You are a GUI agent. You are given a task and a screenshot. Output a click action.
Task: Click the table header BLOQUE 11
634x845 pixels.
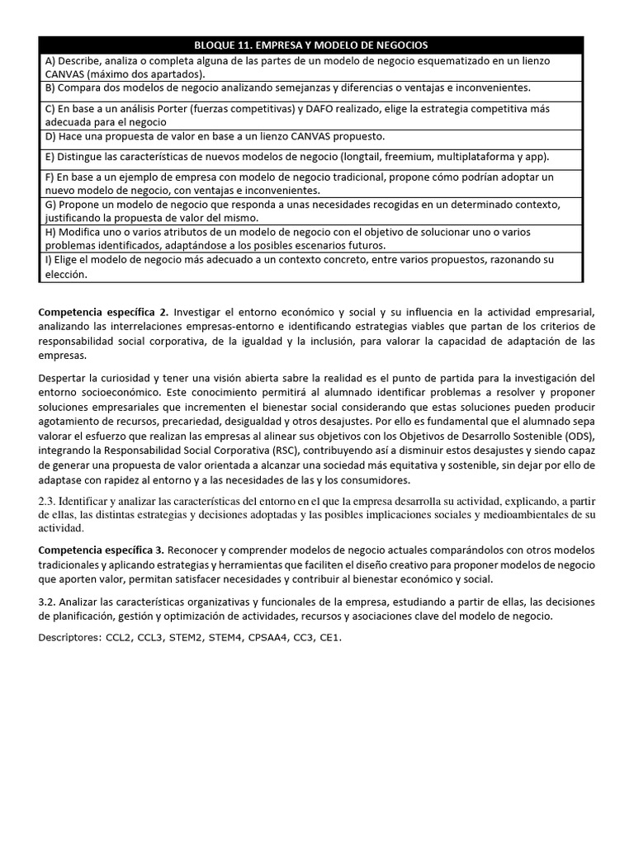pos(310,45)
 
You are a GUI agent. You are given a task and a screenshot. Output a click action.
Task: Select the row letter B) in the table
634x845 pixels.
pos(50,87)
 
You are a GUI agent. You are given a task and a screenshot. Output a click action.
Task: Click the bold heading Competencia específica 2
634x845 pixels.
pos(104,312)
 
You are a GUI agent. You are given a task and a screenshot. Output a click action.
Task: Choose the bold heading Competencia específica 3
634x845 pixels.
pos(104,550)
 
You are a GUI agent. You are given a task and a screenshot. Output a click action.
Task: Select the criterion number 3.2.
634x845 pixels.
pos(48,602)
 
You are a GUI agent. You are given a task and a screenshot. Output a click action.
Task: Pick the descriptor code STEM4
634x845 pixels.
pos(232,638)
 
